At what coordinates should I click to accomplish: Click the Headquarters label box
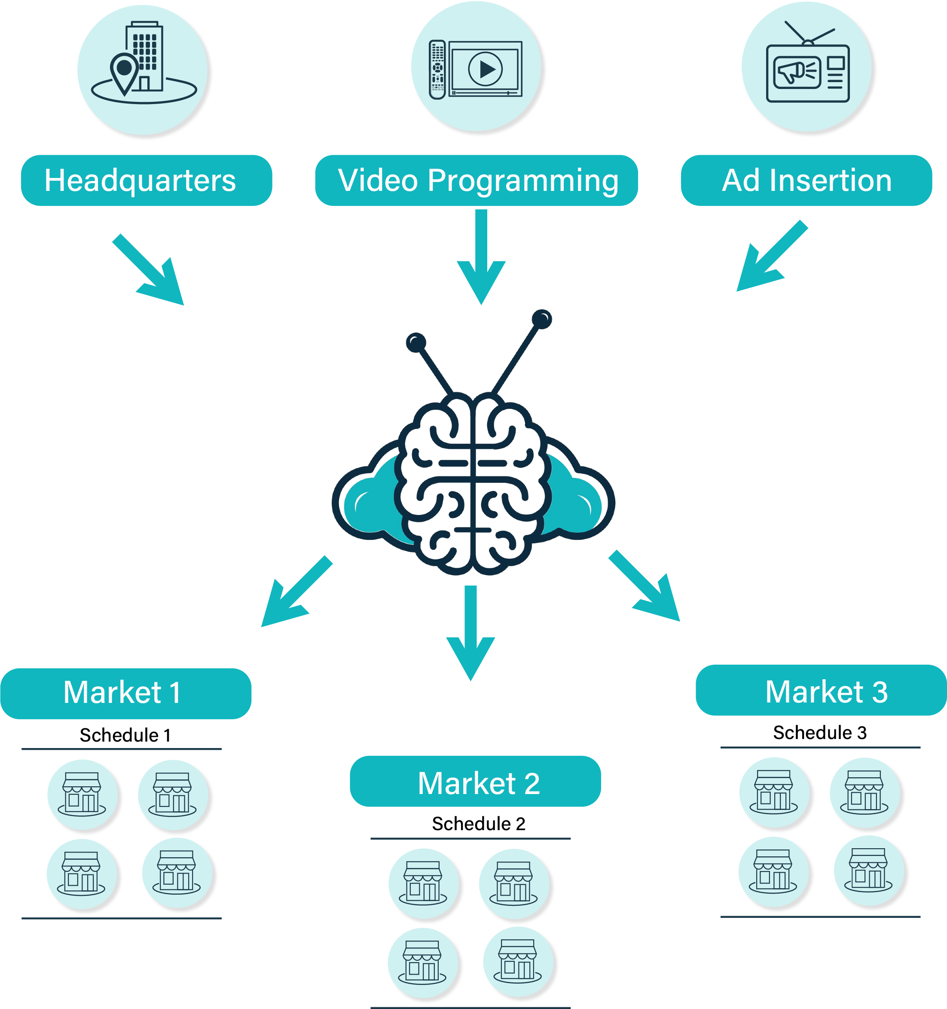pyautogui.click(x=147, y=180)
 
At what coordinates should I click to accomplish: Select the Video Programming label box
pyautogui.click(x=476, y=180)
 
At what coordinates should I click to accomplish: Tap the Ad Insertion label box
pyautogui.click(x=806, y=180)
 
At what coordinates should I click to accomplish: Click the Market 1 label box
pyautogui.click(x=126, y=693)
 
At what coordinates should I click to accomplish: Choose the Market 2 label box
pyautogui.click(x=475, y=781)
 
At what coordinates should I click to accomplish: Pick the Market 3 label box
pyautogui.click(x=821, y=690)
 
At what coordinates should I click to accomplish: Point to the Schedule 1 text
pyautogui.click(x=125, y=735)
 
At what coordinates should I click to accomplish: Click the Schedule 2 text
pyautogui.click(x=478, y=823)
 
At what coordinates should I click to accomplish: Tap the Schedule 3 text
pyautogui.click(x=820, y=733)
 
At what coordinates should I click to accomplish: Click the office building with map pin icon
pyautogui.click(x=144, y=62)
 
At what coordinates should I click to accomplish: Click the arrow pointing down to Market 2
pyautogui.click(x=471, y=633)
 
